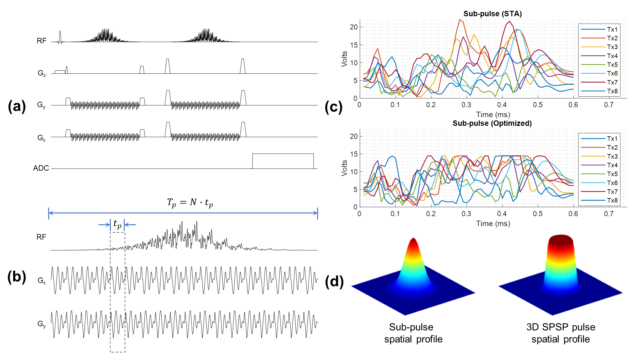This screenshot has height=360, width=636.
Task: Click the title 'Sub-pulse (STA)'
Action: click(x=492, y=14)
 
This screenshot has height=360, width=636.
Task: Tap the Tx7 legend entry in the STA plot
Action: click(x=612, y=82)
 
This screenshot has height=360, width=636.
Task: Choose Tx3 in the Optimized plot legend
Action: click(x=612, y=157)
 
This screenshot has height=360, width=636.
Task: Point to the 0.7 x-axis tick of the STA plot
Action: click(x=609, y=105)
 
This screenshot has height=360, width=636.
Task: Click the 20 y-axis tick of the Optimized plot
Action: click(x=354, y=136)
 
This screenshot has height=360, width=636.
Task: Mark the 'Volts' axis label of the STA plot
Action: click(x=344, y=59)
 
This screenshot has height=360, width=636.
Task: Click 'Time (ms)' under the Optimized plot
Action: click(x=493, y=224)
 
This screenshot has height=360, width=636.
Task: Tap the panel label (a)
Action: click(x=17, y=107)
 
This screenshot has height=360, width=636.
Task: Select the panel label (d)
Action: click(x=334, y=282)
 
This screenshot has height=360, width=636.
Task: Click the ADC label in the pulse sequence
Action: click(x=41, y=168)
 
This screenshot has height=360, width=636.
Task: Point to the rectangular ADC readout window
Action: click(x=283, y=161)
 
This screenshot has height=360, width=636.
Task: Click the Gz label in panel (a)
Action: click(x=42, y=73)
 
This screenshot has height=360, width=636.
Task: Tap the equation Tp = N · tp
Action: click(x=190, y=203)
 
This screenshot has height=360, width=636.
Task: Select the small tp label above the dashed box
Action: click(x=117, y=224)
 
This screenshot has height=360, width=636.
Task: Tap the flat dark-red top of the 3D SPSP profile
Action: click(x=560, y=239)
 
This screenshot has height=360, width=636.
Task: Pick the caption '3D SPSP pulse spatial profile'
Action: click(x=560, y=333)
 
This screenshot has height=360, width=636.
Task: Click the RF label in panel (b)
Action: click(x=41, y=237)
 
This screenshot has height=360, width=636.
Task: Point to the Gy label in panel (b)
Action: click(x=42, y=324)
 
